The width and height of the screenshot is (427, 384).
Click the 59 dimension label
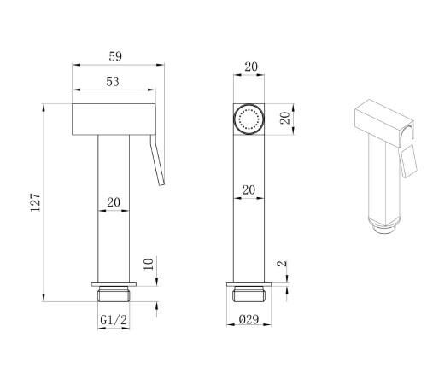pyautogui.click(x=115, y=56)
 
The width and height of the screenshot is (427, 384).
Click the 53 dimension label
pyautogui.click(x=113, y=82)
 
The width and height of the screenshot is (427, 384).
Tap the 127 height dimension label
pyautogui.click(x=36, y=202)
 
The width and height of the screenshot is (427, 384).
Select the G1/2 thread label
pyautogui.click(x=114, y=320)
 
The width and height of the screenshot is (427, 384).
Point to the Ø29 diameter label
pyautogui.click(x=249, y=319)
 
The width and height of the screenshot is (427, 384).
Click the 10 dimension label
pyautogui.click(x=149, y=264)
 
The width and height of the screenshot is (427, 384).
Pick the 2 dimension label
pyautogui.click(x=282, y=264)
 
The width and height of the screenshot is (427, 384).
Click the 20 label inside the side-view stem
pyautogui.click(x=114, y=202)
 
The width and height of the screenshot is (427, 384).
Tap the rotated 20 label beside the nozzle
pyautogui.click(x=285, y=118)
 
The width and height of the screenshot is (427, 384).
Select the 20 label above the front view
pyautogui.click(x=251, y=67)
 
